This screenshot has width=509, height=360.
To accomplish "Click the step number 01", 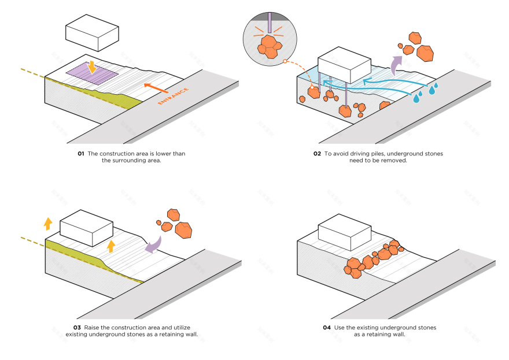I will (80, 153).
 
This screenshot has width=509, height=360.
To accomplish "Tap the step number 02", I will (317, 153).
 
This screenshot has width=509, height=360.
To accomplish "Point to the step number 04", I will (327, 328).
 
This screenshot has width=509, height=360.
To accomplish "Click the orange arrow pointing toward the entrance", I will (155, 88).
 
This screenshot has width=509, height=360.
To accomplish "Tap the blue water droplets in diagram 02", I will (426, 92).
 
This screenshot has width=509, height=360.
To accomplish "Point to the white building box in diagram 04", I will (345, 231).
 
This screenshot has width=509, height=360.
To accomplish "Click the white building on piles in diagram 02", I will (345, 65).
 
